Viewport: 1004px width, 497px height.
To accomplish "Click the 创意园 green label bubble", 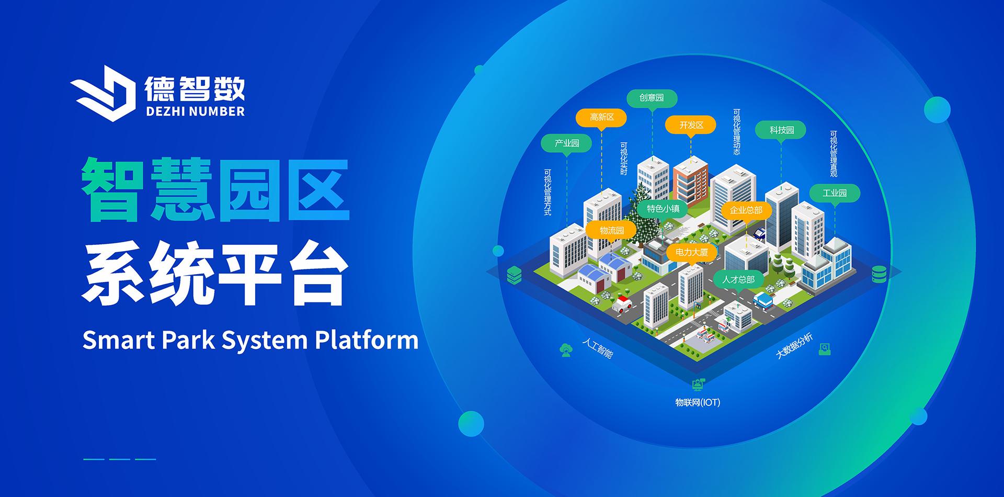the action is coord(652,98).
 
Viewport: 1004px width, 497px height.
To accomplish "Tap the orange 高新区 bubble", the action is coord(602,117).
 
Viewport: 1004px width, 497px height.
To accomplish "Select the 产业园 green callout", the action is coord(567,143).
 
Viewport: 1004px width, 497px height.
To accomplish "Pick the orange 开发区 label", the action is coord(691,125).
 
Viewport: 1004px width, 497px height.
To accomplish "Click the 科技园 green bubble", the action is coord(781,130).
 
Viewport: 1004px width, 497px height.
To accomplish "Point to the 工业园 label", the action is coord(835,193).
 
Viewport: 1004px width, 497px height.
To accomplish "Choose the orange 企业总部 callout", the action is coord(746,210).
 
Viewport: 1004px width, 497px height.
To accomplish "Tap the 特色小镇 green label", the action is coord(663,209).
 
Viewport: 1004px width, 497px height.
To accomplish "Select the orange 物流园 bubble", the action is coord(611,231).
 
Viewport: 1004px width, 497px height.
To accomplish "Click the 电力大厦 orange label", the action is coord(691,252).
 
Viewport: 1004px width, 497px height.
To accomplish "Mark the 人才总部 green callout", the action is coord(738,280).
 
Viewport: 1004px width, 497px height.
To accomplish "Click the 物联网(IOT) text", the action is coord(698,403).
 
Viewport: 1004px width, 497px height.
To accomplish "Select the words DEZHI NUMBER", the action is coord(195,111).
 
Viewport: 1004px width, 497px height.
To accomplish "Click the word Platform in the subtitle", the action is coord(367,340).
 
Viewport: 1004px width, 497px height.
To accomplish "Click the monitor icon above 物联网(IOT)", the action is coord(698,385).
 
